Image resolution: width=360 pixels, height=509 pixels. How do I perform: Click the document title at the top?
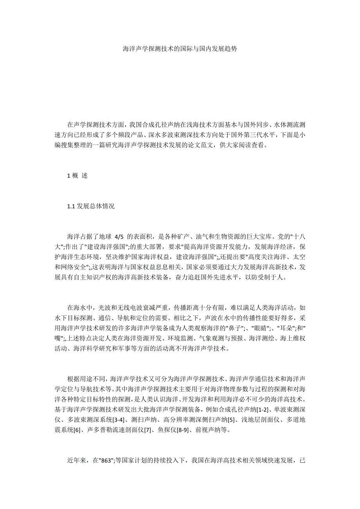pos(180,49)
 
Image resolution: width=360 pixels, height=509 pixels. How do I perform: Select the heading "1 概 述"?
pos(77,176)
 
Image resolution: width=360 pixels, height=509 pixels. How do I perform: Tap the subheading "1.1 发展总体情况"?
pos(90,206)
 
